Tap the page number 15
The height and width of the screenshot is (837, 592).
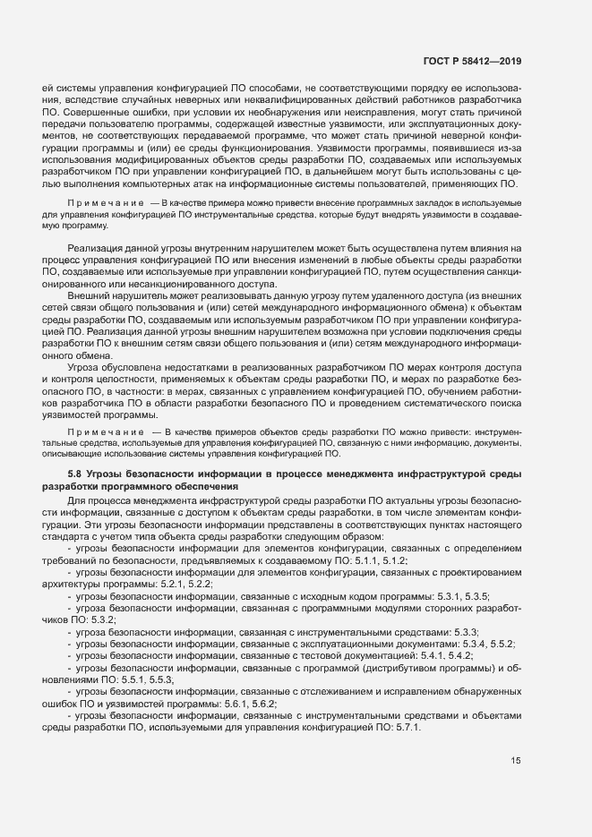point(516,760)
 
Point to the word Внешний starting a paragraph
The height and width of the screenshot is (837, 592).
point(88,318)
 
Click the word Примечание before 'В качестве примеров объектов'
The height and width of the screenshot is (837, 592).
point(100,432)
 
